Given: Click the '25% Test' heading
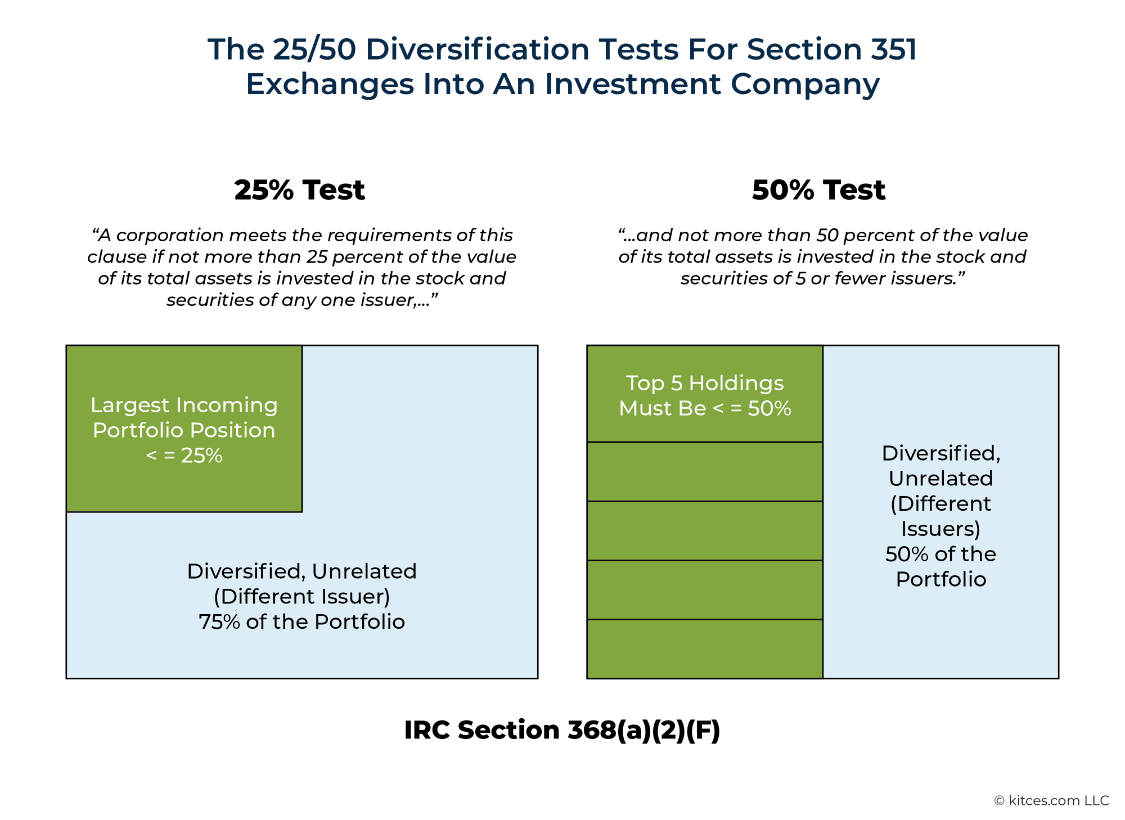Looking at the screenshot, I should (299, 190).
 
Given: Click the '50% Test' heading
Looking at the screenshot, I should (818, 190).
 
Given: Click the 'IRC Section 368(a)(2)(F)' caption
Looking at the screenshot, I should (562, 730).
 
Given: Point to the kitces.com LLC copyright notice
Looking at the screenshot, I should (1051, 800).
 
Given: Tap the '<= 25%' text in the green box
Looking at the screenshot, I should (184, 456).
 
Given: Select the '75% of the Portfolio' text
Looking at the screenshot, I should (301, 622).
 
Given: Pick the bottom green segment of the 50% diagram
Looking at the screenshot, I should (705, 649).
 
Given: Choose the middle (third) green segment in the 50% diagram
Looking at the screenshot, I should (705, 530).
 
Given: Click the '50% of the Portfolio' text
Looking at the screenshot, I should (940, 566).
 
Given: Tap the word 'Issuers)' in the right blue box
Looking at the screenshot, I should (940, 529).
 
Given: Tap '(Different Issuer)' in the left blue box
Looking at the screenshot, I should (301, 597).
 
